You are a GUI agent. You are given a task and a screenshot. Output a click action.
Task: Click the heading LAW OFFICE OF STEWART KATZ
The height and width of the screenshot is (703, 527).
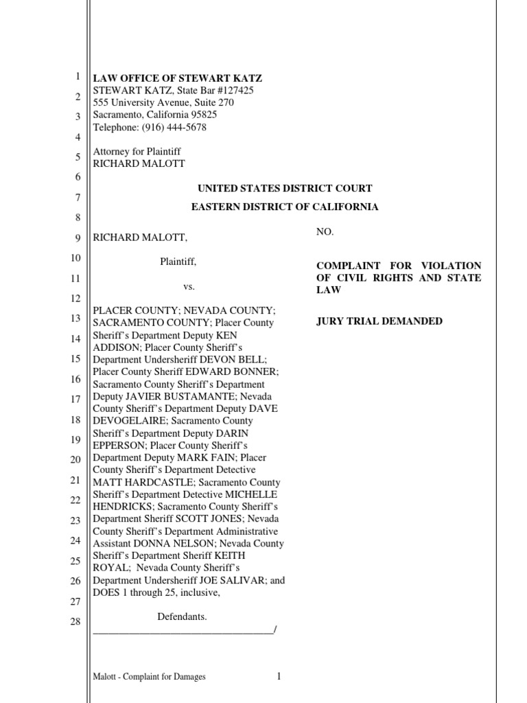tap(178, 78)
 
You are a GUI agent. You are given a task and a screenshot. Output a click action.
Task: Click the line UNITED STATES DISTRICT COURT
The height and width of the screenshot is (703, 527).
tap(285, 188)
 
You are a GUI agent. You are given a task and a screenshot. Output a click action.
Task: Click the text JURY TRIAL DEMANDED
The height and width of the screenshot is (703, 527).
tap(379, 321)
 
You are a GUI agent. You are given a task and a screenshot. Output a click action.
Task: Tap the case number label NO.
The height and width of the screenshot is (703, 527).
tap(325, 233)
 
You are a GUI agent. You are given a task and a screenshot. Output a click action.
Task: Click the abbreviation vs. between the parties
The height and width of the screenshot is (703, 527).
tap(189, 286)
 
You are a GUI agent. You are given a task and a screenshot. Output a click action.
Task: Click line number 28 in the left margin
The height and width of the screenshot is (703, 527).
tap(75, 622)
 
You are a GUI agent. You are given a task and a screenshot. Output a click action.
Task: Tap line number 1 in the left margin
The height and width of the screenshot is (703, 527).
tap(78, 77)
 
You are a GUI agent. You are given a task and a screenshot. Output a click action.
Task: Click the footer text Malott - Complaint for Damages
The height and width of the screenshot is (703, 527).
tap(149, 677)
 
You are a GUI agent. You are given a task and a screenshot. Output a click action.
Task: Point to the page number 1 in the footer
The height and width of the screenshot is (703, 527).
tap(279, 676)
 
